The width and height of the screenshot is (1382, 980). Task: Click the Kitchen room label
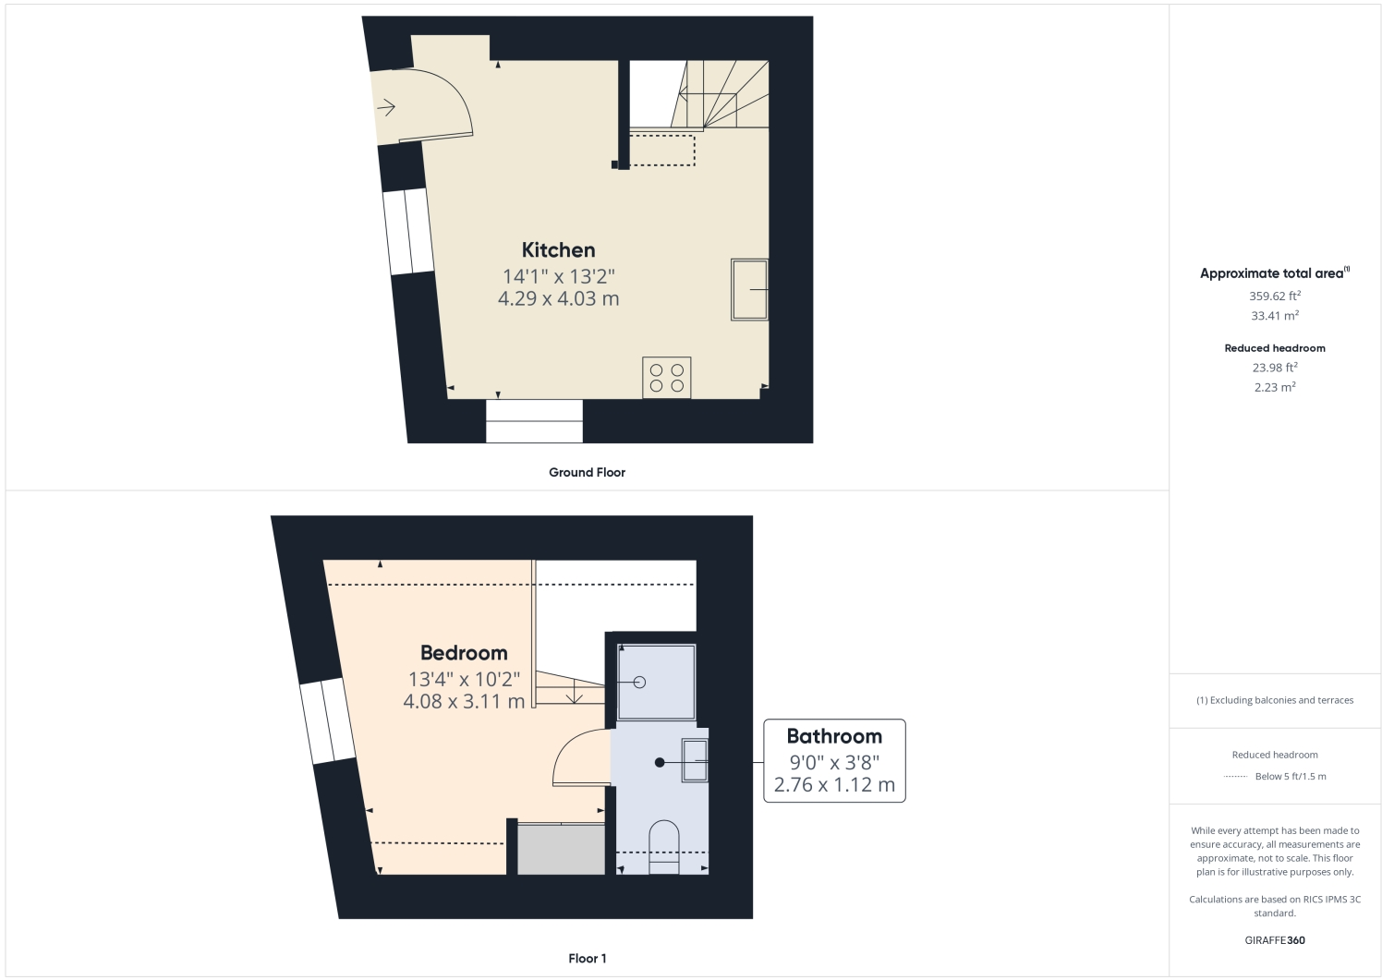pyautogui.click(x=558, y=249)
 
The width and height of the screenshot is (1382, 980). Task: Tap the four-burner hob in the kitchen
pyautogui.click(x=666, y=378)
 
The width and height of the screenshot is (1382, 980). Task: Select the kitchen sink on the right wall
pyautogui.click(x=749, y=289)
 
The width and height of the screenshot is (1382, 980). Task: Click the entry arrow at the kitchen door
pyautogui.click(x=386, y=108)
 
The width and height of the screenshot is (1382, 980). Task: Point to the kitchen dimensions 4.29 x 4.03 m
pyautogui.click(x=558, y=298)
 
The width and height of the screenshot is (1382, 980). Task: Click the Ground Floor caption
pyautogui.click(x=587, y=472)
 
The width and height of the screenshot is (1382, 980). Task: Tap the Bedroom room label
pyautogui.click(x=464, y=653)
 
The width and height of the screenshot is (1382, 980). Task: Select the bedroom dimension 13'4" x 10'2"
pyautogui.click(x=464, y=679)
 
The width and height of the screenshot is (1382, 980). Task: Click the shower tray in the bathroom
pyautogui.click(x=656, y=683)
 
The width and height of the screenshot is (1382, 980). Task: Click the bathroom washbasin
pyautogui.click(x=695, y=760)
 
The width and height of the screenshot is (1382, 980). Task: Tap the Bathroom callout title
pyautogui.click(x=834, y=736)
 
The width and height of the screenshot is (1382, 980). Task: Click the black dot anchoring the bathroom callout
pyautogui.click(x=660, y=763)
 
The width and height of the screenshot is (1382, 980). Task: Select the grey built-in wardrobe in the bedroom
pyautogui.click(x=560, y=849)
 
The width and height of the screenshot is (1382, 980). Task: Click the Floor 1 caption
pyautogui.click(x=587, y=959)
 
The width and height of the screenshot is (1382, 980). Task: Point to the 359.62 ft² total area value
pyautogui.click(x=1275, y=296)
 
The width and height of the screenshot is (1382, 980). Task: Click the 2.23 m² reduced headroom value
pyautogui.click(x=1275, y=388)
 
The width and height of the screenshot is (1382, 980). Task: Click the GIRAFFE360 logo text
pyautogui.click(x=1275, y=940)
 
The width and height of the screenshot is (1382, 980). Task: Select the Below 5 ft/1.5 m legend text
pyautogui.click(x=1291, y=777)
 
